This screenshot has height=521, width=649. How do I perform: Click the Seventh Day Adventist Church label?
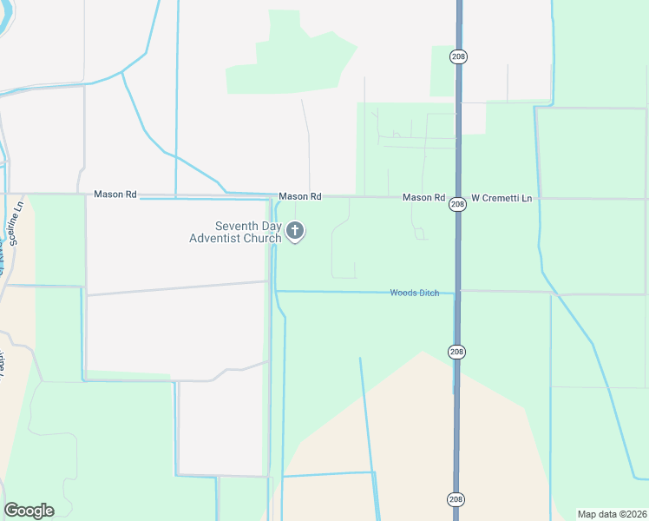click(x=235, y=232)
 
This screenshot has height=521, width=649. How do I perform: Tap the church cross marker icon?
click(x=295, y=232)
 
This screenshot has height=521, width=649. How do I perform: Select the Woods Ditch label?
click(x=415, y=293)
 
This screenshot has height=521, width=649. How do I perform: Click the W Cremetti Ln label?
click(x=501, y=198)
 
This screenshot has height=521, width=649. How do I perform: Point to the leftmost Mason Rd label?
click(x=115, y=195)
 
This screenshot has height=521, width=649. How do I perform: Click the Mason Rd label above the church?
click(x=300, y=197)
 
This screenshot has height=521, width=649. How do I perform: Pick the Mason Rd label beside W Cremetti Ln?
click(x=423, y=198)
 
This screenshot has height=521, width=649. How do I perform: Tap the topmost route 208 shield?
click(x=458, y=56)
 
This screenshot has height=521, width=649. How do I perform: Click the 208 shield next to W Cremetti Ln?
click(x=458, y=204)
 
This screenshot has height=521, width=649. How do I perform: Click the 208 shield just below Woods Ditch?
click(x=457, y=352)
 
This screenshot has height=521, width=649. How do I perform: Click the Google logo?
click(x=29, y=511)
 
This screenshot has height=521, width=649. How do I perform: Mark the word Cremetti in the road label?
click(x=505, y=198)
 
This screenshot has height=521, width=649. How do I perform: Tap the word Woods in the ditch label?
click(x=403, y=293)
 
